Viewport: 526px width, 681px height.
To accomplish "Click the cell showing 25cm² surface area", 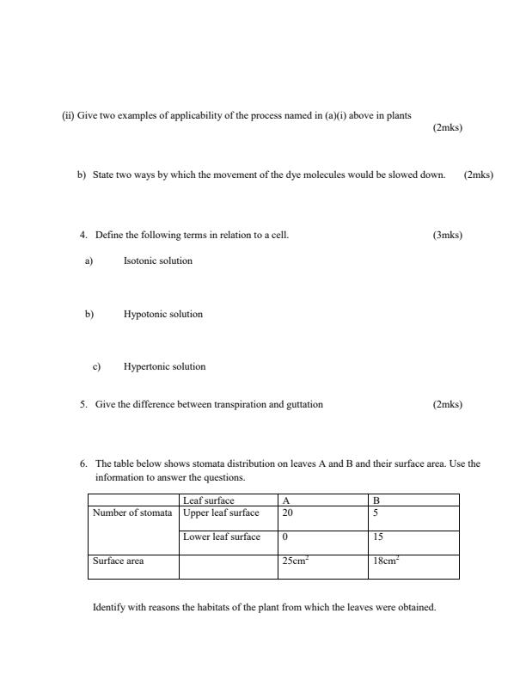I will point(296,561).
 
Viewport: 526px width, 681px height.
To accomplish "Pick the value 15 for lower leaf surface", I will point(377,537).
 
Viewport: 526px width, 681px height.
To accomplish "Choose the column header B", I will point(376,500).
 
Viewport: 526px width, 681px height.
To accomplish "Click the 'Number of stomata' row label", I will point(132,513).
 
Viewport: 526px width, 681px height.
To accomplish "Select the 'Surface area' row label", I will point(118,561).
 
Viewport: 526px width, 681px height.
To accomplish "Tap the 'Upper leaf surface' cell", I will point(221,513).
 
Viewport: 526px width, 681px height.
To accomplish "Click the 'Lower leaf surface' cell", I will point(222,537).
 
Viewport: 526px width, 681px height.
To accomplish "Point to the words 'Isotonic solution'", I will point(158,261).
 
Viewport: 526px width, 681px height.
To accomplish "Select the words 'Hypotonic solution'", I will point(163,314).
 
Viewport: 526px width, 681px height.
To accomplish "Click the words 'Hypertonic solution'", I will point(165,366).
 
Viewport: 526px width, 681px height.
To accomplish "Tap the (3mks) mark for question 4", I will point(448,235).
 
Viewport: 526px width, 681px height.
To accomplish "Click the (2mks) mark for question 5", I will point(448,404).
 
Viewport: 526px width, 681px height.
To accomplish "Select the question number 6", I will point(83,463).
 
